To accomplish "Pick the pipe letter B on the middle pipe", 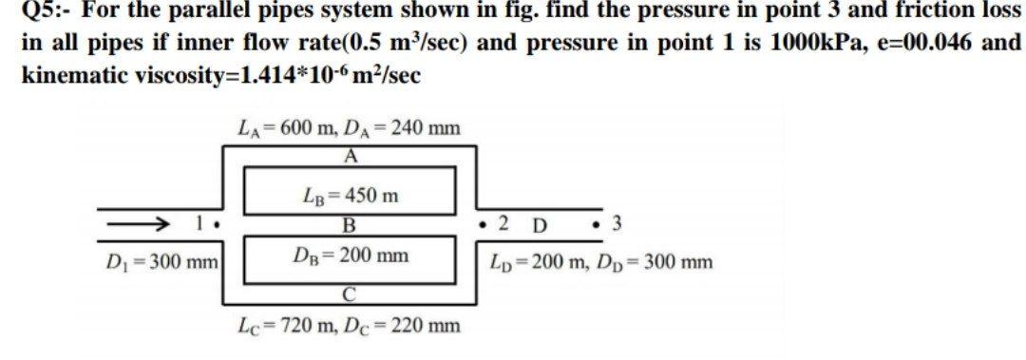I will point(349,227).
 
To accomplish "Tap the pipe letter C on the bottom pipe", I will point(351,296).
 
